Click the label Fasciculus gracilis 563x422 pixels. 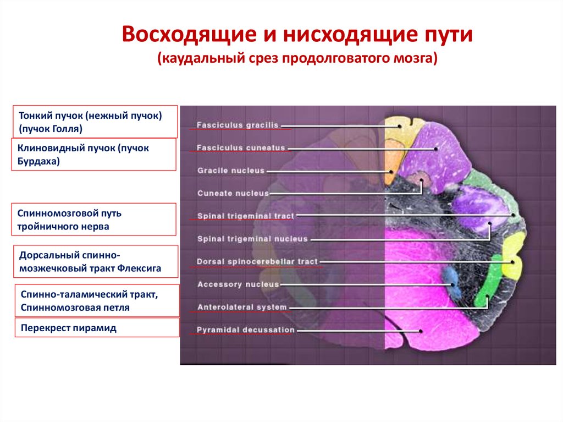238,125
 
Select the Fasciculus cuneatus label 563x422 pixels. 241,148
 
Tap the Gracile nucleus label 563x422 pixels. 231,171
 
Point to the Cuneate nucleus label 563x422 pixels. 233,193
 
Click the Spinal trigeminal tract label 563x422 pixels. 246,216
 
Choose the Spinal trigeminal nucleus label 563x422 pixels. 252,239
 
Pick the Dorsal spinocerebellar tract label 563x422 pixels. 257,262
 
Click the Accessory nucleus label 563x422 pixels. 238,284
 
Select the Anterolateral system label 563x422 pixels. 242,308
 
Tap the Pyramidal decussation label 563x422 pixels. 246,330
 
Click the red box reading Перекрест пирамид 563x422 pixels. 97,327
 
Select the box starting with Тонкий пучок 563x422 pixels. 95,122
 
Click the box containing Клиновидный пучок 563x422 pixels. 93,155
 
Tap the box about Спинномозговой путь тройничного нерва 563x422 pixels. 93,220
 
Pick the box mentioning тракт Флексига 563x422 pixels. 96,262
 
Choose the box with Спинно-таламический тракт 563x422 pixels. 97,301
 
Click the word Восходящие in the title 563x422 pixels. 189,35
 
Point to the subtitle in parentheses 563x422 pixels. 297,58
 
